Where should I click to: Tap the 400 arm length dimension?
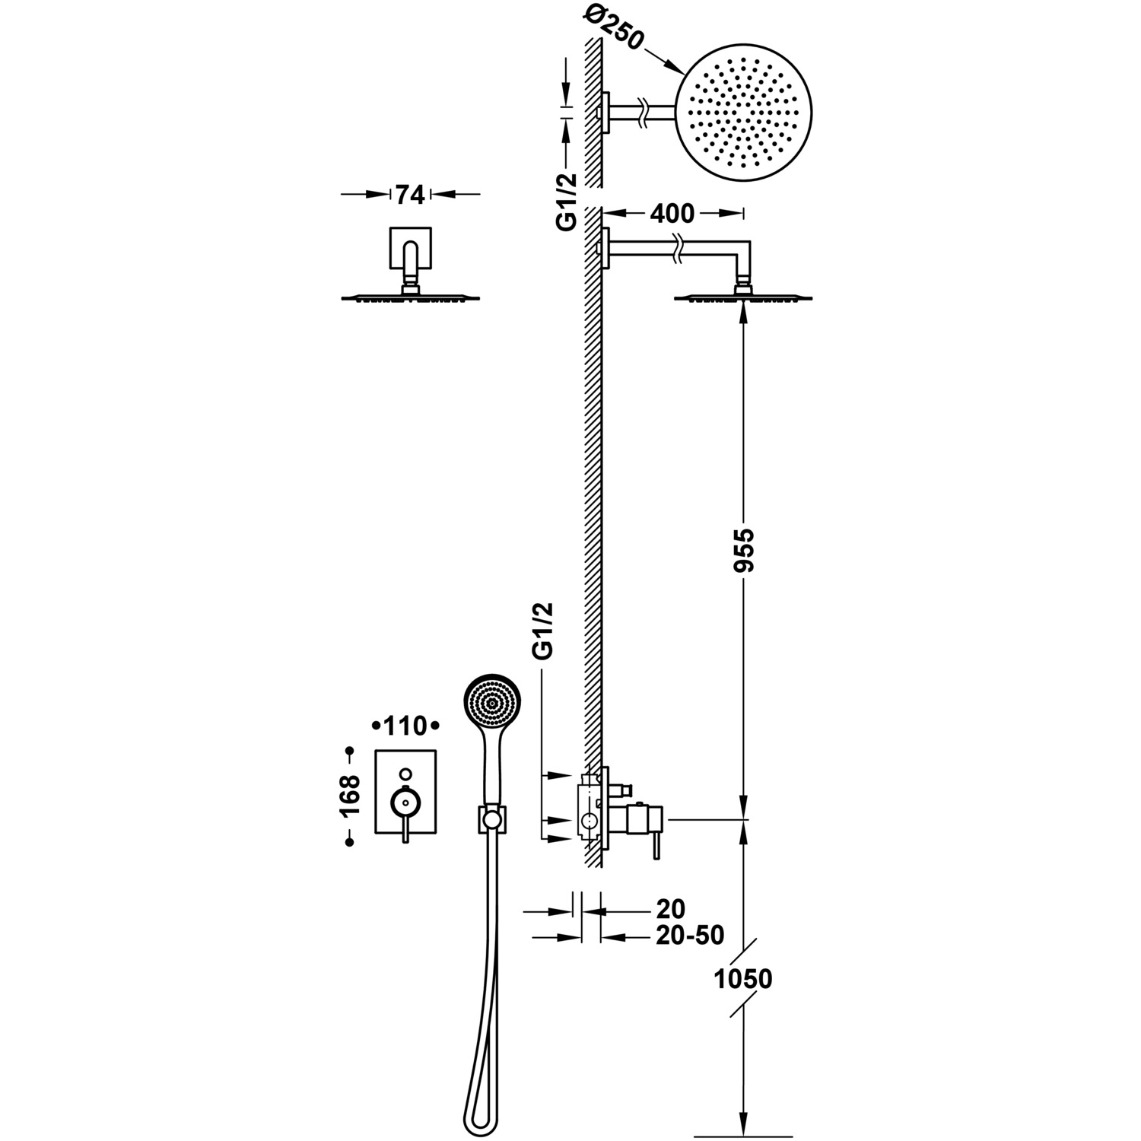[672, 214]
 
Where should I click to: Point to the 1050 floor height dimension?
[743, 978]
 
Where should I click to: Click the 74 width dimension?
[409, 195]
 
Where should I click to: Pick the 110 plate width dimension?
[405, 726]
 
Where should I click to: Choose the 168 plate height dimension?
[350, 796]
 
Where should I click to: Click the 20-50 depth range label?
[690, 936]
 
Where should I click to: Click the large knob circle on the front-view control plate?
[405, 801]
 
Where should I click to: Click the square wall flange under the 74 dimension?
[411, 248]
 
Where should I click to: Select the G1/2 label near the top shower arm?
[567, 201]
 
